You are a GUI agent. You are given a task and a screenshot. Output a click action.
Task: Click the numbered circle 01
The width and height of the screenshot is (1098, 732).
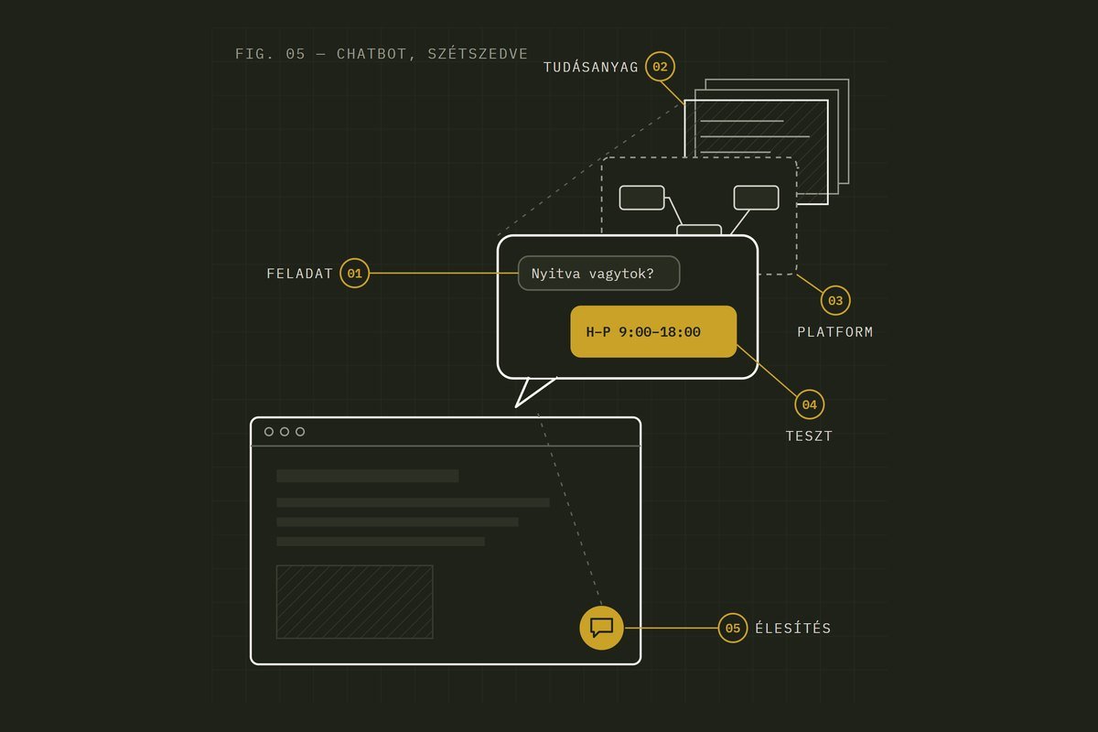354,273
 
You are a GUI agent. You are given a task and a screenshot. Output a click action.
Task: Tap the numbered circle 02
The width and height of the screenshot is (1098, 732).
660,67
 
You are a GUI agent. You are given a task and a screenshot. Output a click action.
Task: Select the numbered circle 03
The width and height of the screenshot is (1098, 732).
835,300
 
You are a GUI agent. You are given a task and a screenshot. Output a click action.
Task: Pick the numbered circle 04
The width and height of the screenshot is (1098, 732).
809,404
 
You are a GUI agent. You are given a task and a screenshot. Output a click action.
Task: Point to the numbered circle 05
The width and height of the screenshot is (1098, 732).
732,628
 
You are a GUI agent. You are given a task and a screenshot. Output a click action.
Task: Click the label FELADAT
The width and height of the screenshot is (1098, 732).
299,274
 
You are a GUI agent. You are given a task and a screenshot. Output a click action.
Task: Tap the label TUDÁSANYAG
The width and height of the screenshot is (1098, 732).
591,67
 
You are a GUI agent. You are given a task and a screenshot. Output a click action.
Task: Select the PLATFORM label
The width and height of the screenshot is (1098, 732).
834,332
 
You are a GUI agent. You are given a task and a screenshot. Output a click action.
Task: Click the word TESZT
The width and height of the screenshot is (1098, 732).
809,436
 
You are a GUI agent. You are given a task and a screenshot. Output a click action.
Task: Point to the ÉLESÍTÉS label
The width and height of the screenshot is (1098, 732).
792,628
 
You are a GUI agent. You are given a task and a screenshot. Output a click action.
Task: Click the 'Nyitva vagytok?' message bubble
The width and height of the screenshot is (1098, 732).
598,273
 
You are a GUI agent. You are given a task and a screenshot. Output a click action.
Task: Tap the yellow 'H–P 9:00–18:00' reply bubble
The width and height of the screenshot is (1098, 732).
653,331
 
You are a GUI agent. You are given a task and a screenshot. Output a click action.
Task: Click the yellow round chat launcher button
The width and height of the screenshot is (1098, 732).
601,628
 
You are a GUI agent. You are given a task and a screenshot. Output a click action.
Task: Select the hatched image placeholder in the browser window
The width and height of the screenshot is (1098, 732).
354,601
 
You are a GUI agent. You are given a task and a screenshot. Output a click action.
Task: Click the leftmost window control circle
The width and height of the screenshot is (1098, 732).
269,432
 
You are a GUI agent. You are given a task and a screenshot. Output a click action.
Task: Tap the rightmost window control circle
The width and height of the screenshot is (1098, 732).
300,432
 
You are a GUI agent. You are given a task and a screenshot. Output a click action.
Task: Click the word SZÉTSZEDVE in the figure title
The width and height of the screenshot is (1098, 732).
478,53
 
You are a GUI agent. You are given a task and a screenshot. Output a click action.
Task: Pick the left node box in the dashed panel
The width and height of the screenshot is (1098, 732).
641,198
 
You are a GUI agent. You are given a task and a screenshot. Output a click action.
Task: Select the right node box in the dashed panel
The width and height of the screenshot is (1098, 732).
756,198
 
